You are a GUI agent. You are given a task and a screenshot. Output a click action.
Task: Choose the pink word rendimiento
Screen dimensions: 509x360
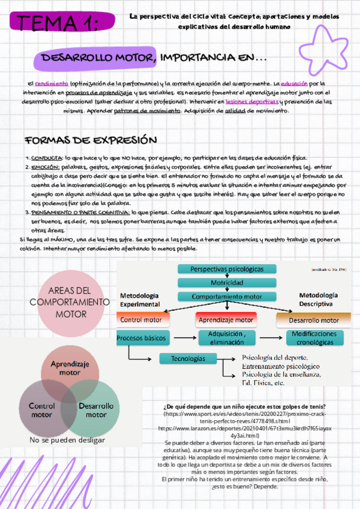(52, 84)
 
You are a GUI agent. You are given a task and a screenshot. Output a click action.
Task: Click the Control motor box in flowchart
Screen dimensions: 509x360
(141, 320)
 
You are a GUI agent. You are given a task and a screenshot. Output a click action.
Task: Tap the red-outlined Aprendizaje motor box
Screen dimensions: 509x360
(226, 320)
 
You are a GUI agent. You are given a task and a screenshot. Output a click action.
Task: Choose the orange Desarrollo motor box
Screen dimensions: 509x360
(313, 320)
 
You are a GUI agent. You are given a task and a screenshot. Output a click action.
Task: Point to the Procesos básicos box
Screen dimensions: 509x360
(142, 338)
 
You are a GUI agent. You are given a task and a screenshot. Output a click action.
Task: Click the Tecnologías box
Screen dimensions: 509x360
(188, 358)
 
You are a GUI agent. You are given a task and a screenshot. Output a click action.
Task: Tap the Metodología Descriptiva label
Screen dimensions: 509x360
(319, 300)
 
